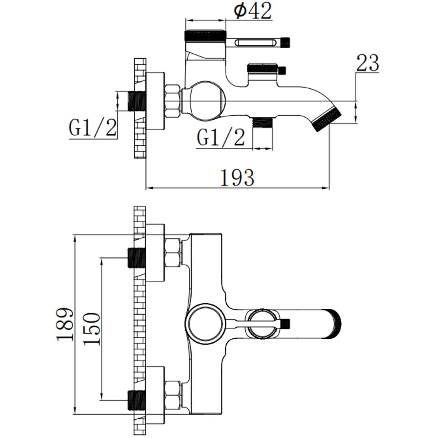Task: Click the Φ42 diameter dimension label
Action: [x=253, y=11]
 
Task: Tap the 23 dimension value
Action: [x=368, y=62]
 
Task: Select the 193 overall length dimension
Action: [x=237, y=178]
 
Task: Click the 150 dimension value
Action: [x=91, y=329]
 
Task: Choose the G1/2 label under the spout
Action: [x=221, y=137]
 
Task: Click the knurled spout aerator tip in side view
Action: [x=326, y=119]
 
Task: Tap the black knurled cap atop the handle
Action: [x=205, y=35]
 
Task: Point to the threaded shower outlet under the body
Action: [x=263, y=123]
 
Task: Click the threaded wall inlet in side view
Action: [x=137, y=101]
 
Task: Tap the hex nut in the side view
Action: [x=173, y=101]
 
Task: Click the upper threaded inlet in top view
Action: [x=137, y=258]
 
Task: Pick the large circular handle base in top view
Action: [x=206, y=324]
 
